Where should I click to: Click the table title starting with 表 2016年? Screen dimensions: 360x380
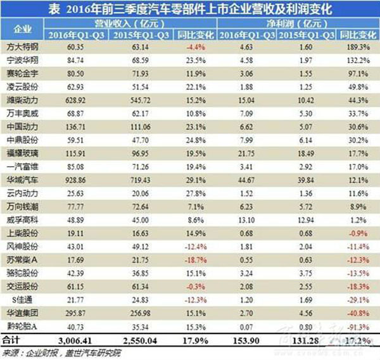(x=190, y=9)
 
